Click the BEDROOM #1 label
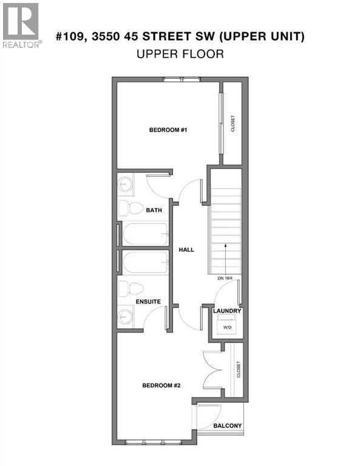[x=167, y=130]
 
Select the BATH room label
[x=153, y=211]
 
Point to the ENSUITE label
[x=148, y=301]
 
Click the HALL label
[x=186, y=249]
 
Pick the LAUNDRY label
[x=227, y=311]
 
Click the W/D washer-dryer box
[x=227, y=326]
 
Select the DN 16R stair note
[x=225, y=278]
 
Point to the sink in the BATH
[x=126, y=184]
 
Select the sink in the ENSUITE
[x=126, y=316]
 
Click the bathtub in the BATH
[x=144, y=234]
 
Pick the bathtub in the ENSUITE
[x=144, y=263]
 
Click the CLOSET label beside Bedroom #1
[x=233, y=124]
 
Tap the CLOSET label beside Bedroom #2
[x=239, y=370]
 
